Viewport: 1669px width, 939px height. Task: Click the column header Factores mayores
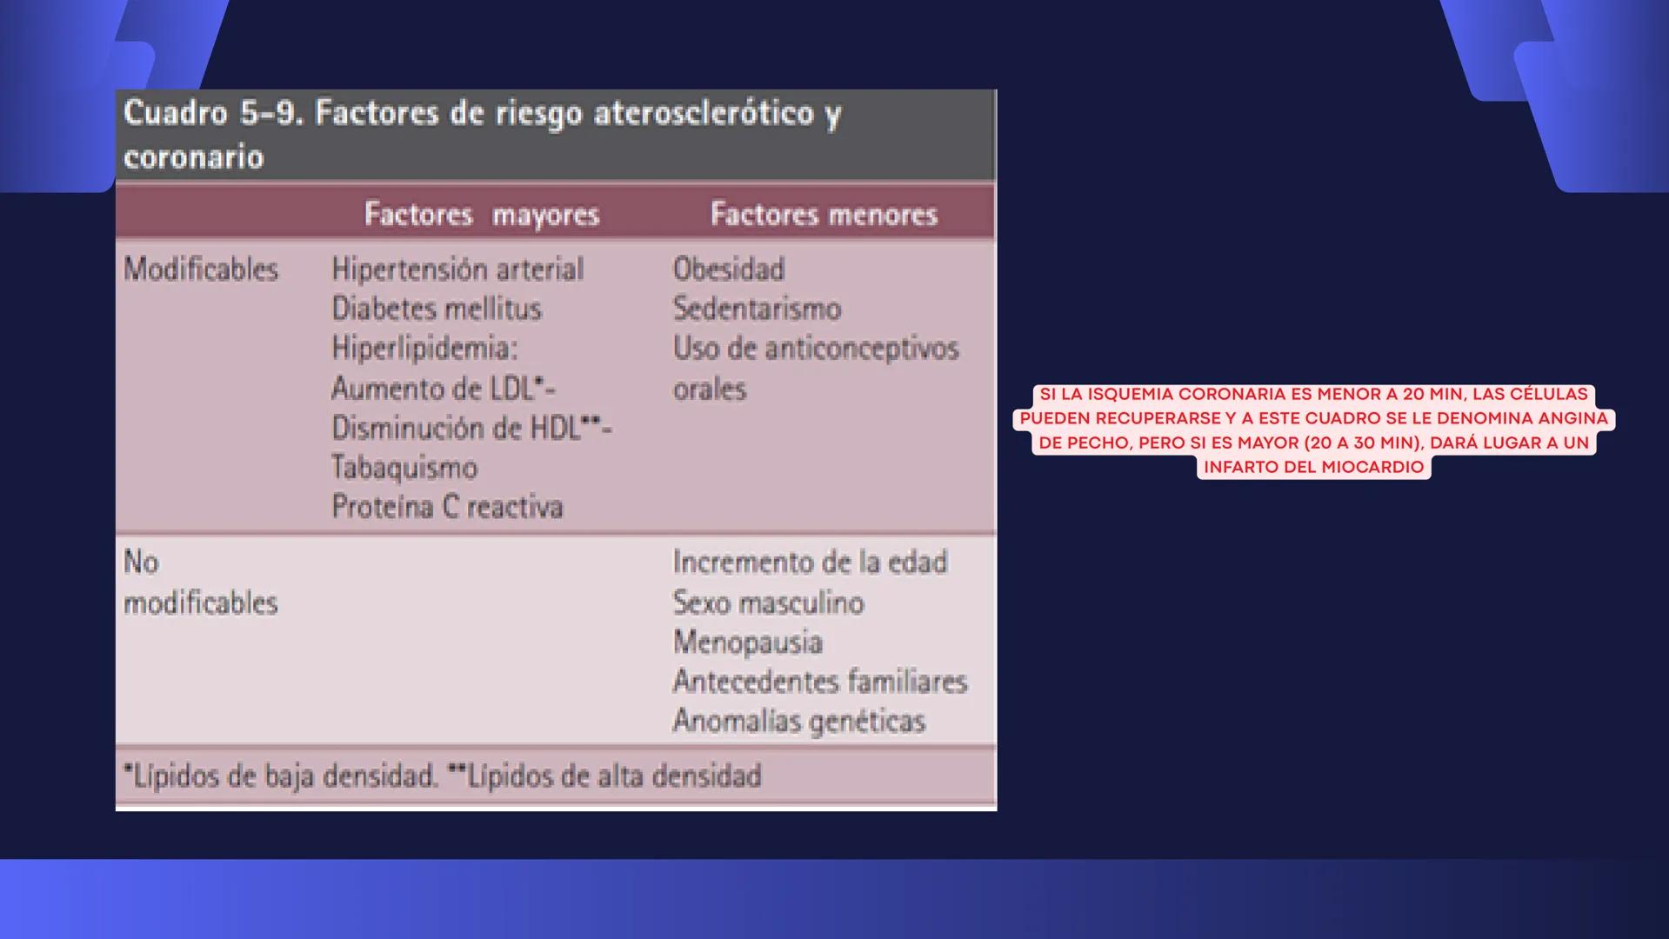tap(481, 214)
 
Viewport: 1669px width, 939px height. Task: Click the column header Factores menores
tap(823, 214)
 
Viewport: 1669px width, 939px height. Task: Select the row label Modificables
tap(201, 270)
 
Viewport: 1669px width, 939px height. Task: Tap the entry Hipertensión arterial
tap(457, 270)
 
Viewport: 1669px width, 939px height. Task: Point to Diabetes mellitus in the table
tap(437, 309)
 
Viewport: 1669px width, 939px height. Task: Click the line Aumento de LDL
tap(443, 389)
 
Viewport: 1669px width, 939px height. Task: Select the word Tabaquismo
tap(404, 468)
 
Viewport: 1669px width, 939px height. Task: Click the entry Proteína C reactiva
tap(447, 507)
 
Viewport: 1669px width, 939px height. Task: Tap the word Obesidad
tap(729, 270)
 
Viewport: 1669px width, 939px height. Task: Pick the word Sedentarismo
tap(757, 309)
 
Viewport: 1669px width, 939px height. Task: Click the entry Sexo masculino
tap(768, 603)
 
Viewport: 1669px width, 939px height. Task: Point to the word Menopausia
tap(747, 643)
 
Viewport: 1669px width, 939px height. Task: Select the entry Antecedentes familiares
tap(819, 682)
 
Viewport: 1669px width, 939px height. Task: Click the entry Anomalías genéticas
tap(798, 722)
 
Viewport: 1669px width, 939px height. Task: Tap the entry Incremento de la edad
tap(809, 563)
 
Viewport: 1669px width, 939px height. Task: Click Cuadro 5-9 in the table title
tap(212, 113)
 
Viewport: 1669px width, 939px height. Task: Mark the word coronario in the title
tap(193, 157)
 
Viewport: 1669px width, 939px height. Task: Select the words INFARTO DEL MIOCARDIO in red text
tap(1313, 467)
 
